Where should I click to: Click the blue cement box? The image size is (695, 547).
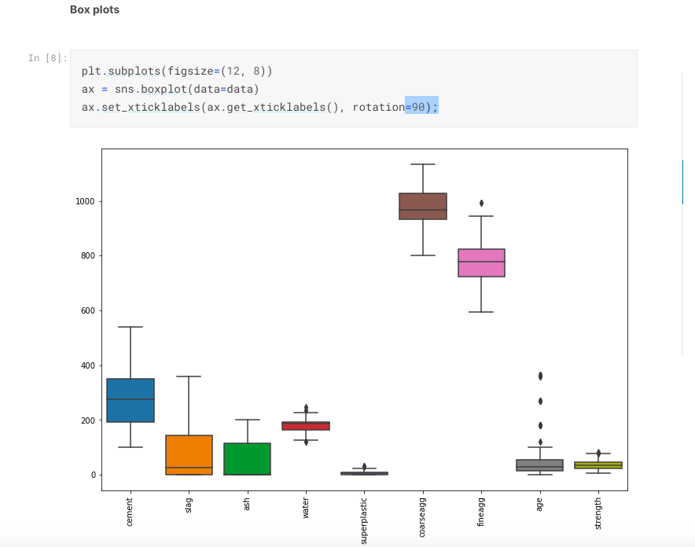[131, 400]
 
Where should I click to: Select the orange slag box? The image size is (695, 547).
[189, 455]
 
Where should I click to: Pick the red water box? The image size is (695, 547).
[306, 426]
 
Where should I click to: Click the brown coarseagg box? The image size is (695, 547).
[423, 206]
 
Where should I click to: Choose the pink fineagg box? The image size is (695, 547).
[481, 262]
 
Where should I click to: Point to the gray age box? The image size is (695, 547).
[539, 465]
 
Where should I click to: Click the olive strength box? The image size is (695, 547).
[598, 465]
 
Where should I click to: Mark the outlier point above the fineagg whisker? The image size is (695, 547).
[481, 204]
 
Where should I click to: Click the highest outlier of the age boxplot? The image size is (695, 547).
[539, 376]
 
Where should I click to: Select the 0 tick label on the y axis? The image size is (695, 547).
[92, 475]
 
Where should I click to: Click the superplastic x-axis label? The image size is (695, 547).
[364, 519]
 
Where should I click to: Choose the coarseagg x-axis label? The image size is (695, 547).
[423, 516]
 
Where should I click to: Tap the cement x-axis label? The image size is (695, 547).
[131, 511]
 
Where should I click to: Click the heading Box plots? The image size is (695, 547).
[94, 10]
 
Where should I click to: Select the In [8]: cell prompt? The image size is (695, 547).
[47, 58]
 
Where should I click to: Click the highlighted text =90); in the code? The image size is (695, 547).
[421, 107]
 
